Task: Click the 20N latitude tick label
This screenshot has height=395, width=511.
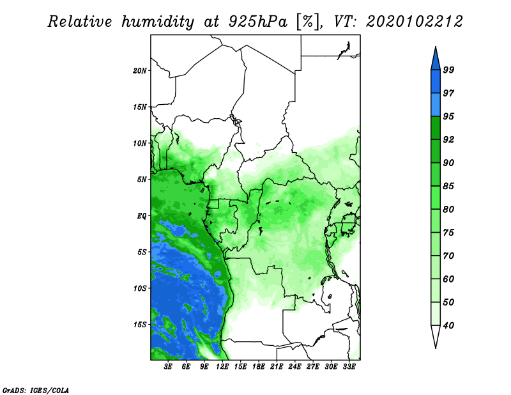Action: coord(140,70)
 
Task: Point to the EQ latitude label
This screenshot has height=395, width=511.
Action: coord(141,215)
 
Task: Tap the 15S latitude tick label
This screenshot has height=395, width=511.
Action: coord(140,325)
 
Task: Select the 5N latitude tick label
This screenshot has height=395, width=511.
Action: coord(142,180)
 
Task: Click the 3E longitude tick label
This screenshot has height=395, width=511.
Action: coord(168,367)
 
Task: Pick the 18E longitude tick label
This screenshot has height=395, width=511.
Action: coord(259,367)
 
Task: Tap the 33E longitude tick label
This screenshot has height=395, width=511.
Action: coord(349,367)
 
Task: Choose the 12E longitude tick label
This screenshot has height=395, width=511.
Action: coord(222,367)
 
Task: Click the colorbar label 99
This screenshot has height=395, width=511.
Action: coord(448,70)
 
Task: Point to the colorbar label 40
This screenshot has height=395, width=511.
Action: coord(448,325)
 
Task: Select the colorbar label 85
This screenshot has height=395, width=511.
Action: coord(448,186)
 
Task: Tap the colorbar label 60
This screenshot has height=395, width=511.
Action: coord(448,279)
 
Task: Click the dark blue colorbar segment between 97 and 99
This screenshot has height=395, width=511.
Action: coord(436,82)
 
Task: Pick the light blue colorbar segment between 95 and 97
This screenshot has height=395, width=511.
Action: coord(436,105)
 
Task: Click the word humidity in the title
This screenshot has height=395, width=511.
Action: coord(158,22)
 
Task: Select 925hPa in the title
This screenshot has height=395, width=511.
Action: coord(258,22)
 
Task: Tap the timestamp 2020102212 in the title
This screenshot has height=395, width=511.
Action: coord(414,22)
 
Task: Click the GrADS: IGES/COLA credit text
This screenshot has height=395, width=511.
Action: coord(36,390)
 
